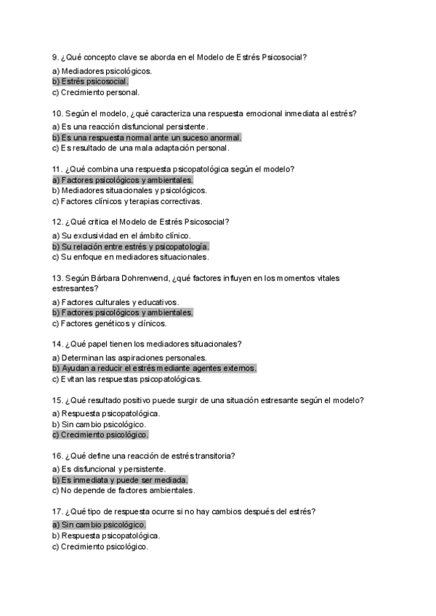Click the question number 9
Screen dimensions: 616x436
pos(56,57)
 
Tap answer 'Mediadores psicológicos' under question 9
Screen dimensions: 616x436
pos(102,70)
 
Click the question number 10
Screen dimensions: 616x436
pos(58,113)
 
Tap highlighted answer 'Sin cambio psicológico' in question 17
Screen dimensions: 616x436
pos(100,524)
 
